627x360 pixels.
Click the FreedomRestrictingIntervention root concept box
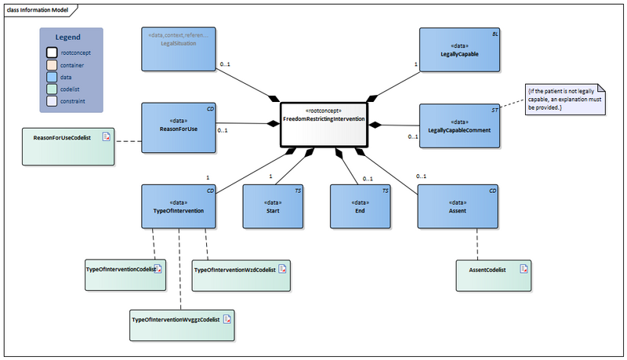click(323, 124)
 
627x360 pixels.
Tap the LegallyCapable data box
click(459, 51)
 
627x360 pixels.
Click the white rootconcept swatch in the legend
click(51, 53)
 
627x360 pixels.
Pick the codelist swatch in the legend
click(51, 89)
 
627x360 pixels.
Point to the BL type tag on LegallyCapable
click(494, 35)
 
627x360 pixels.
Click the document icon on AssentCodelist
click(521, 269)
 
